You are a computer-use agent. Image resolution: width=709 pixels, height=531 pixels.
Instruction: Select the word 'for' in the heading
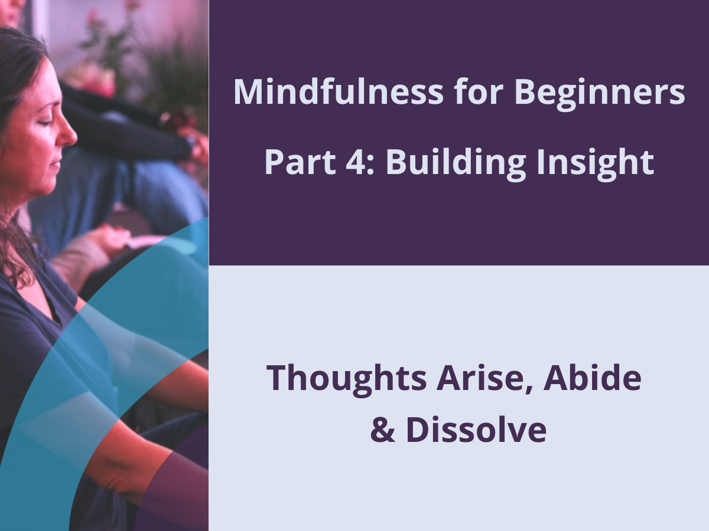479,91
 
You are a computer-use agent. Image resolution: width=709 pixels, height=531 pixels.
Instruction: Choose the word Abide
592,376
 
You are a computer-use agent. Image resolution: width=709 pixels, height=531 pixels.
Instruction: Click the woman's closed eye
46,122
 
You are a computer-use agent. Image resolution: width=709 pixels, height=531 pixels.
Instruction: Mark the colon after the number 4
370,165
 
